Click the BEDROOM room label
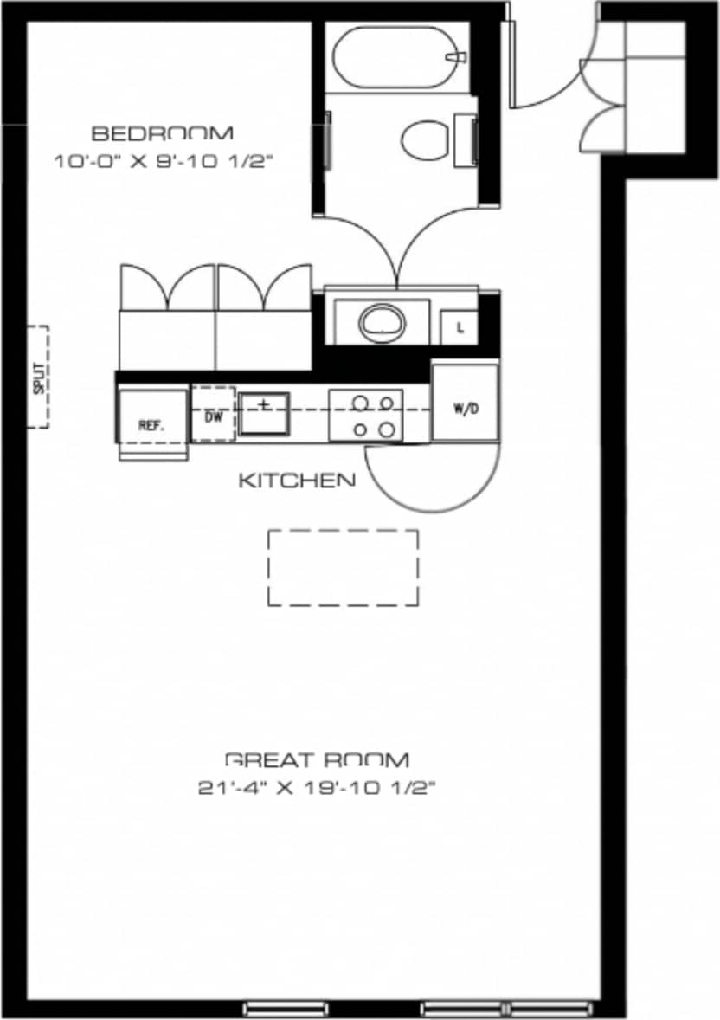click(162, 133)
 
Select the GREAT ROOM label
click(317, 760)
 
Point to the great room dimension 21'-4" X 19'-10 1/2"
click(317, 788)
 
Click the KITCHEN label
click(296, 480)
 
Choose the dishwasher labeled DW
click(213, 415)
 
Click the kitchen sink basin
click(265, 412)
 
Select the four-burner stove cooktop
click(365, 415)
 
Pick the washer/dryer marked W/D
click(466, 403)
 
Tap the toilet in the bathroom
click(429, 139)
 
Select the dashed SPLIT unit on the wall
click(37, 377)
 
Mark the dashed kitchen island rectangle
click(344, 567)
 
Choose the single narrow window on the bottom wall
click(286, 1008)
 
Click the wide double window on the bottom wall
click(505, 1008)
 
